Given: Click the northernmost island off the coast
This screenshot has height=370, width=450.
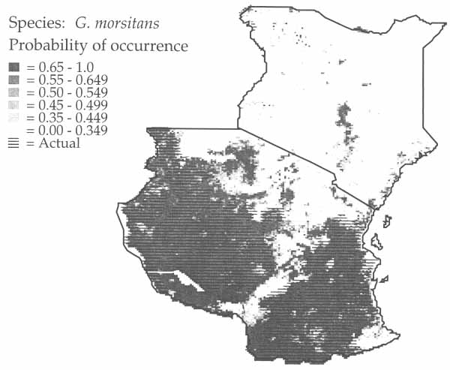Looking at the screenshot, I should point(387,221).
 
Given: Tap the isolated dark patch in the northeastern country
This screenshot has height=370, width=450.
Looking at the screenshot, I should point(344,116).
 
